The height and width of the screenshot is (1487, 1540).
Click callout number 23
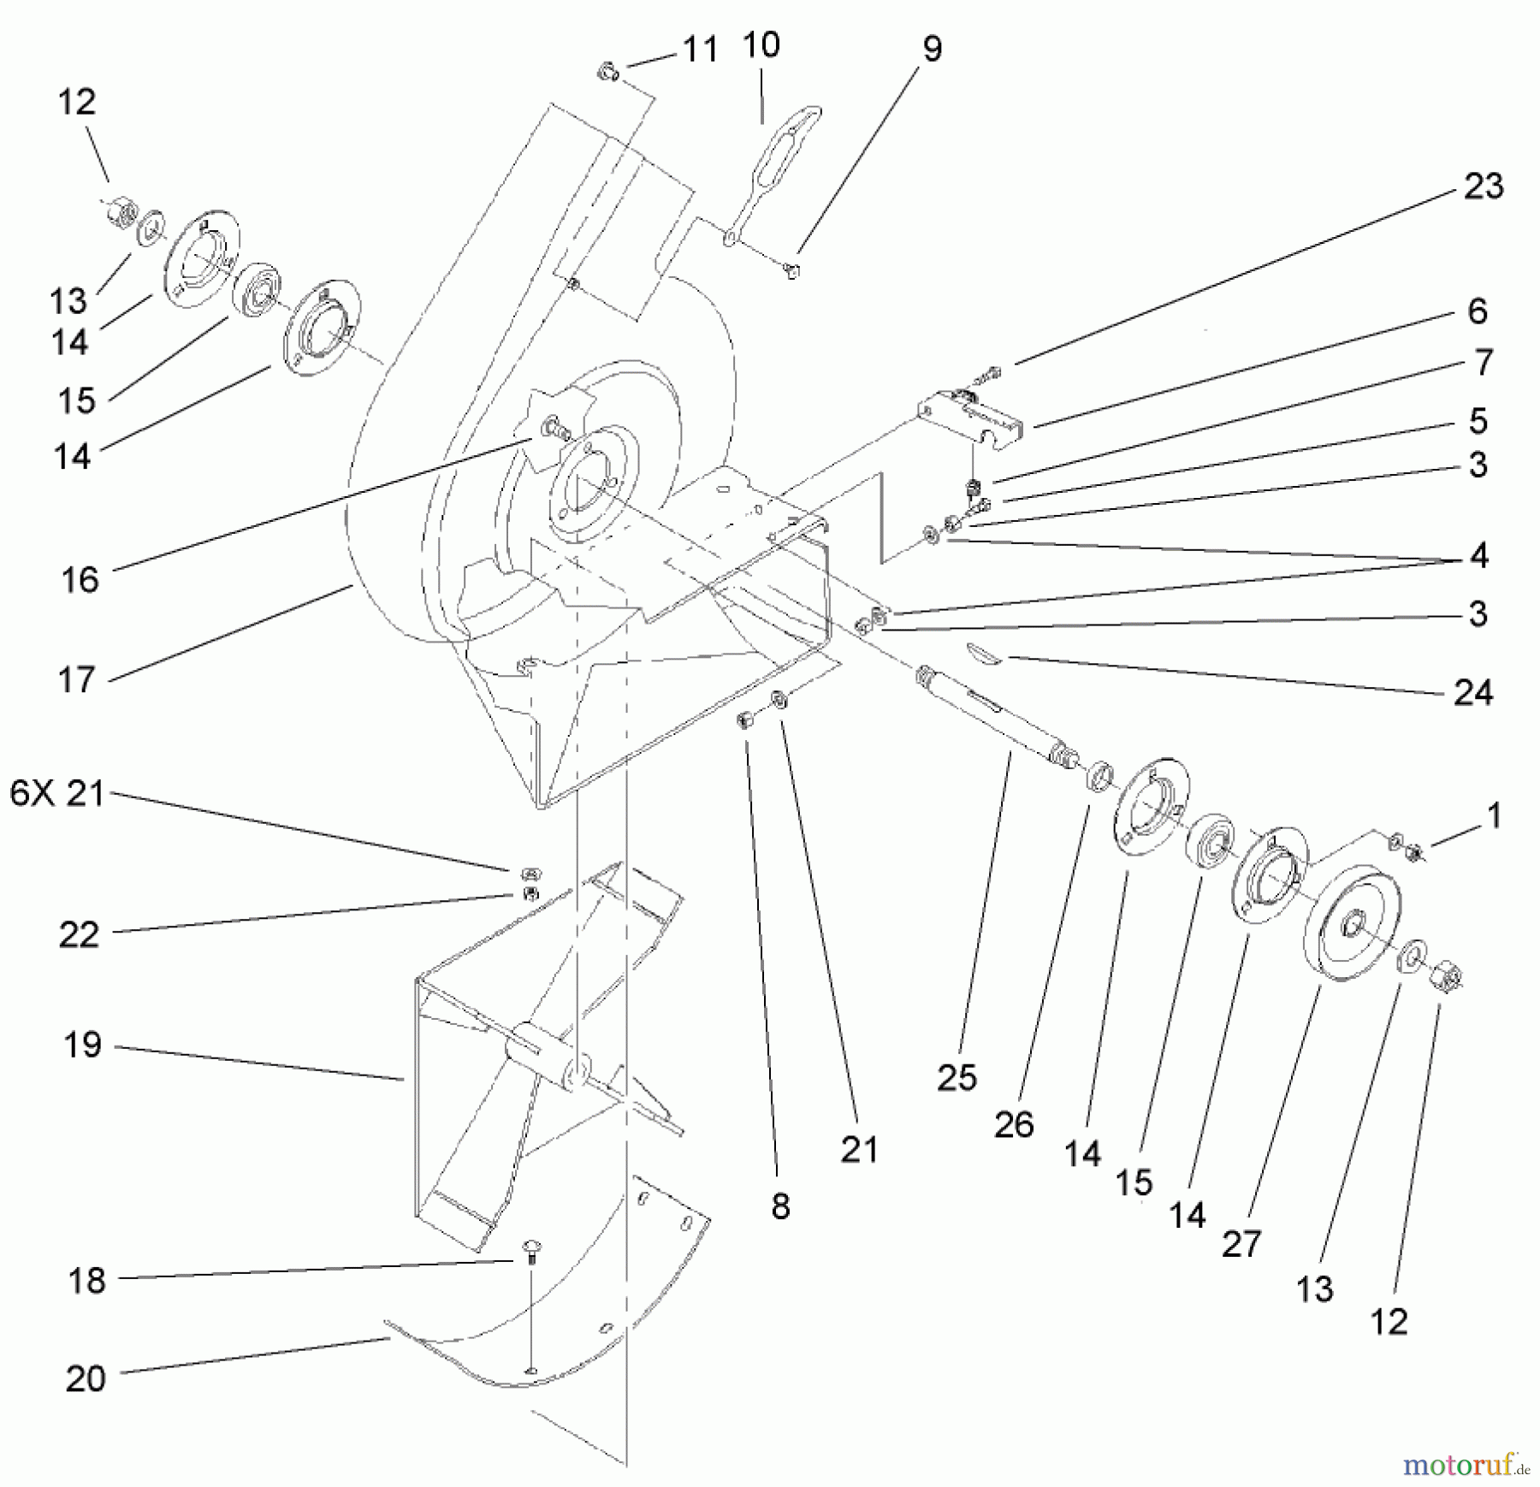coord(1483,187)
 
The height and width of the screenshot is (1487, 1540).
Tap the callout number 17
coord(76,680)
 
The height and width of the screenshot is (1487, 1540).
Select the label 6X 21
coord(56,794)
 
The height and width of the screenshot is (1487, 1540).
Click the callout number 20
coord(86,1378)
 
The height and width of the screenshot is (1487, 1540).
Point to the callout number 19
coord(82,1045)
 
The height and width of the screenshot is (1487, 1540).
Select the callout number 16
coord(80,579)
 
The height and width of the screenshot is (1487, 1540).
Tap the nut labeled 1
coord(1414,851)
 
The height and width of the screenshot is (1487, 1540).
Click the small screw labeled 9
coord(793,271)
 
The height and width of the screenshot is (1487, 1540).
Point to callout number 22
coord(79,934)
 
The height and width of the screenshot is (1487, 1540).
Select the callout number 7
coord(1482,363)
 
